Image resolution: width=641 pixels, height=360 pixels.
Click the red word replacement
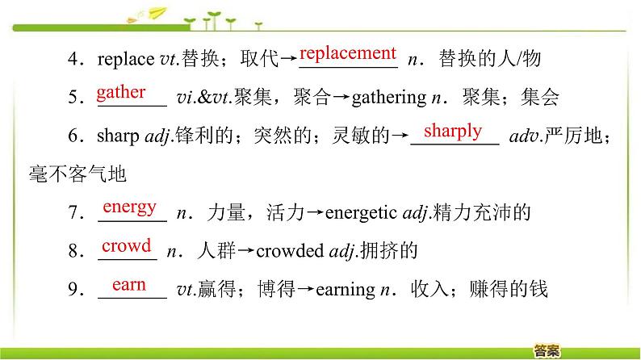point(348,53)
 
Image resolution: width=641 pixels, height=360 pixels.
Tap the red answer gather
point(121,93)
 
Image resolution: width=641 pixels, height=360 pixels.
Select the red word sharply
point(453,132)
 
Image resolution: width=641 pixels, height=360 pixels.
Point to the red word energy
point(130,207)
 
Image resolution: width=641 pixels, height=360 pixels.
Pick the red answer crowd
point(126,245)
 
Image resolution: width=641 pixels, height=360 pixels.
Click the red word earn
point(129,284)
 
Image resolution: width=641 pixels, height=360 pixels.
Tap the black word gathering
point(389,98)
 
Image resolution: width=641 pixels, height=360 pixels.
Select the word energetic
point(361,212)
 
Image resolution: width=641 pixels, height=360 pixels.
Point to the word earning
point(346,290)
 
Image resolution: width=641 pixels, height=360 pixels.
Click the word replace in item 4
point(126,59)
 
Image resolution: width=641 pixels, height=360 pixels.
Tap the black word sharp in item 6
point(118,136)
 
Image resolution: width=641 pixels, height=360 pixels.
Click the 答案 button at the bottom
point(547,350)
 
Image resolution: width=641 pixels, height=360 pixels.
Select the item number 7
point(76,213)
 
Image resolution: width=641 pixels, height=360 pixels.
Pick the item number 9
point(76,289)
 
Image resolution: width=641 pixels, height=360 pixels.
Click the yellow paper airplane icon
point(157,13)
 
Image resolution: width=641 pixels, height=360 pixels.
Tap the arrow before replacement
point(289,58)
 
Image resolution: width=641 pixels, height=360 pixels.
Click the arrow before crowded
point(246,250)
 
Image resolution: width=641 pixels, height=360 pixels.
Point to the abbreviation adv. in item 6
point(526,136)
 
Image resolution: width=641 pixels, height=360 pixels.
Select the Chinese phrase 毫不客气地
point(78,174)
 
